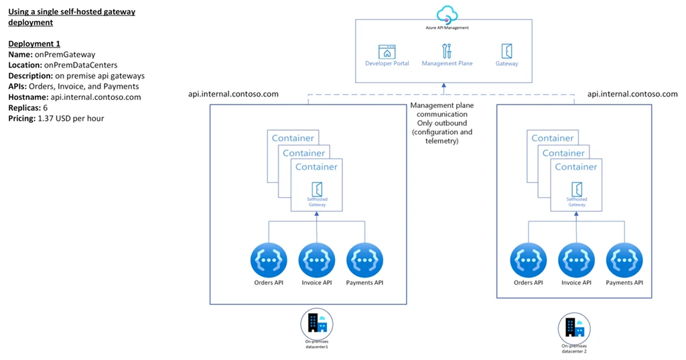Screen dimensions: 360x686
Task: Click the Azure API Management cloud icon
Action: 446,15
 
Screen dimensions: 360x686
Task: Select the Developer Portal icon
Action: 387,52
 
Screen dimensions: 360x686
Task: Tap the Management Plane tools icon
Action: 447,51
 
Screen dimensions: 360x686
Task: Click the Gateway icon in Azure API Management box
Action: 506,51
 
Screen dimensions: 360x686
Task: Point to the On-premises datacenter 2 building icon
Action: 574,327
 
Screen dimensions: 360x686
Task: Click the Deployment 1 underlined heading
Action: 34,44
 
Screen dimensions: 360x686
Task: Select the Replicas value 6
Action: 45,108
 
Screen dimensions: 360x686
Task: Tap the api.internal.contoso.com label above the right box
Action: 632,95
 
